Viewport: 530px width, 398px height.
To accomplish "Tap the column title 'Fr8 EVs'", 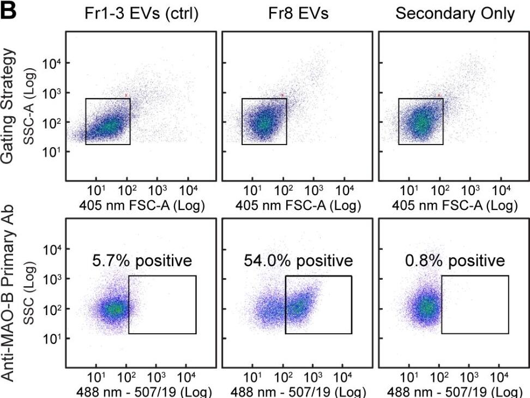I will pos(298,14).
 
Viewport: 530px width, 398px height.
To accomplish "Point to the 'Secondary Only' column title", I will pos(455,14).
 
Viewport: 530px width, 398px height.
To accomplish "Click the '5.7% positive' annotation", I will pos(143,261).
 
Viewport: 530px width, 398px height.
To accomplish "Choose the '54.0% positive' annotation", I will pos(299,261).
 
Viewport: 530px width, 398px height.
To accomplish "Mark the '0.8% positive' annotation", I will pos(455,261).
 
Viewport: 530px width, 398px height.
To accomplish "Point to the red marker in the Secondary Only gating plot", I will pos(438,95).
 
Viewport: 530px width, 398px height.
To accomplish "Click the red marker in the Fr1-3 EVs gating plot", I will pos(126,95).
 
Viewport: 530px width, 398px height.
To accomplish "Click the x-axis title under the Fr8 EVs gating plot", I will pos(298,206).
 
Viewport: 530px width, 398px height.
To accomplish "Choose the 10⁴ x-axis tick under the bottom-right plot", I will pos(500,378).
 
